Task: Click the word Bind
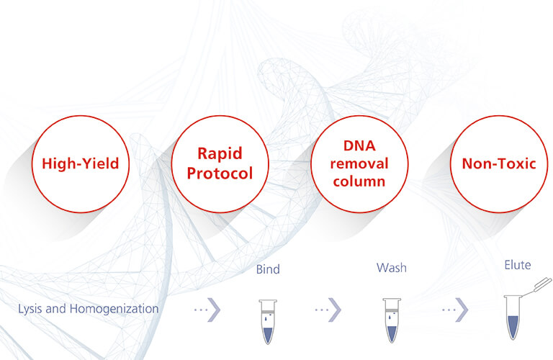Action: click(268, 270)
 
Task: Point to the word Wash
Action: click(391, 268)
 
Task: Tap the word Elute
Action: click(517, 265)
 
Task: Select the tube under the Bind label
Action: click(267, 318)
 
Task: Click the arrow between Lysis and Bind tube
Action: click(207, 309)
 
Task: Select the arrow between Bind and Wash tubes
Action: click(328, 309)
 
